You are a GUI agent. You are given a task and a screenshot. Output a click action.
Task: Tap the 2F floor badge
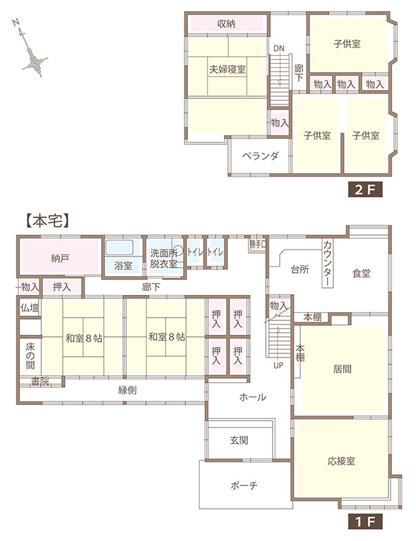[x=365, y=189]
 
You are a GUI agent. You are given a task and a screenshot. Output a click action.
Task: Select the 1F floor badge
[x=365, y=522]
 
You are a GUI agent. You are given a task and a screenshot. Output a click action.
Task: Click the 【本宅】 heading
[x=48, y=221]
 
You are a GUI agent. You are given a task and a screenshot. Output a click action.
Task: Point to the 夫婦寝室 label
[x=227, y=69]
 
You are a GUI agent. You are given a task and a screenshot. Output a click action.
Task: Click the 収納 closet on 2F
[x=227, y=24]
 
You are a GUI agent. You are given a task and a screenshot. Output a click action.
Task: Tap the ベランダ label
[x=260, y=156]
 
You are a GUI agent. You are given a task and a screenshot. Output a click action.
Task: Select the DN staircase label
[x=279, y=49]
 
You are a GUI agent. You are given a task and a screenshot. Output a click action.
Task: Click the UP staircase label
[x=278, y=365]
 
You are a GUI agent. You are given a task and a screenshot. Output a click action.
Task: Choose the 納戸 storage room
[x=59, y=257]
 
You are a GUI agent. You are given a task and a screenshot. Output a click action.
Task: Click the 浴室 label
[x=123, y=265]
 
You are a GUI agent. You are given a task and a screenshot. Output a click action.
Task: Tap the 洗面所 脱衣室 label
[x=163, y=258]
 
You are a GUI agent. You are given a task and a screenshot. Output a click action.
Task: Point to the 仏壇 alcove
[x=30, y=307]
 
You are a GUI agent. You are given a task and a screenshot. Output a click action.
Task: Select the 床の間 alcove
[x=30, y=356]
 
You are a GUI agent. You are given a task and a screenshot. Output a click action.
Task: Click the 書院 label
[x=40, y=382]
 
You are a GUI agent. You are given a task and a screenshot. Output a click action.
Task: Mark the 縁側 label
[x=127, y=390]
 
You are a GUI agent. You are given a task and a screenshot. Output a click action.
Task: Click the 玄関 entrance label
[x=239, y=440]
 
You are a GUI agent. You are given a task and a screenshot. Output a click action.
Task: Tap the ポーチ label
[x=244, y=485]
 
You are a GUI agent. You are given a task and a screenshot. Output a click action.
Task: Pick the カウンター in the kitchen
[x=327, y=263]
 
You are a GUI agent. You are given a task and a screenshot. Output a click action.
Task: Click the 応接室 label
[x=341, y=461]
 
